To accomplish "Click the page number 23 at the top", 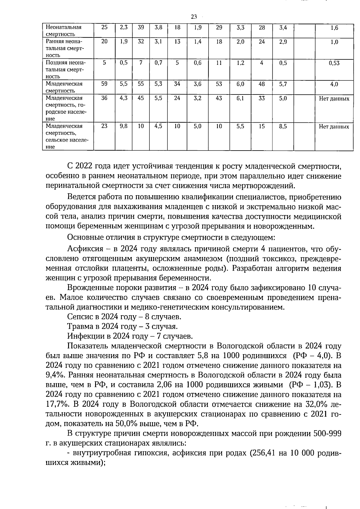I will pyautogui.click(x=193, y=16).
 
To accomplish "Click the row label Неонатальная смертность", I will pyautogui.click(x=64, y=31).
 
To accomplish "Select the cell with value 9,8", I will pyautogui.click(x=124, y=127).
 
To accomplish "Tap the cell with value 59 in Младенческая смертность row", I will pyautogui.click(x=104, y=84).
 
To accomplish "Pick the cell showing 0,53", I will pyautogui.click(x=334, y=63).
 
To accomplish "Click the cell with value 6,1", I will pyautogui.click(x=240, y=98).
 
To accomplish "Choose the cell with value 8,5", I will pyautogui.click(x=283, y=127).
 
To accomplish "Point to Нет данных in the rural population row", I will pyautogui.click(x=334, y=127).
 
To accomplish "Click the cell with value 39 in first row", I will pyautogui.click(x=141, y=27).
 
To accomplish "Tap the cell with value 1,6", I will pyautogui.click(x=334, y=28).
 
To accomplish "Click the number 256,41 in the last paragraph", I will pyautogui.click(x=264, y=453).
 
